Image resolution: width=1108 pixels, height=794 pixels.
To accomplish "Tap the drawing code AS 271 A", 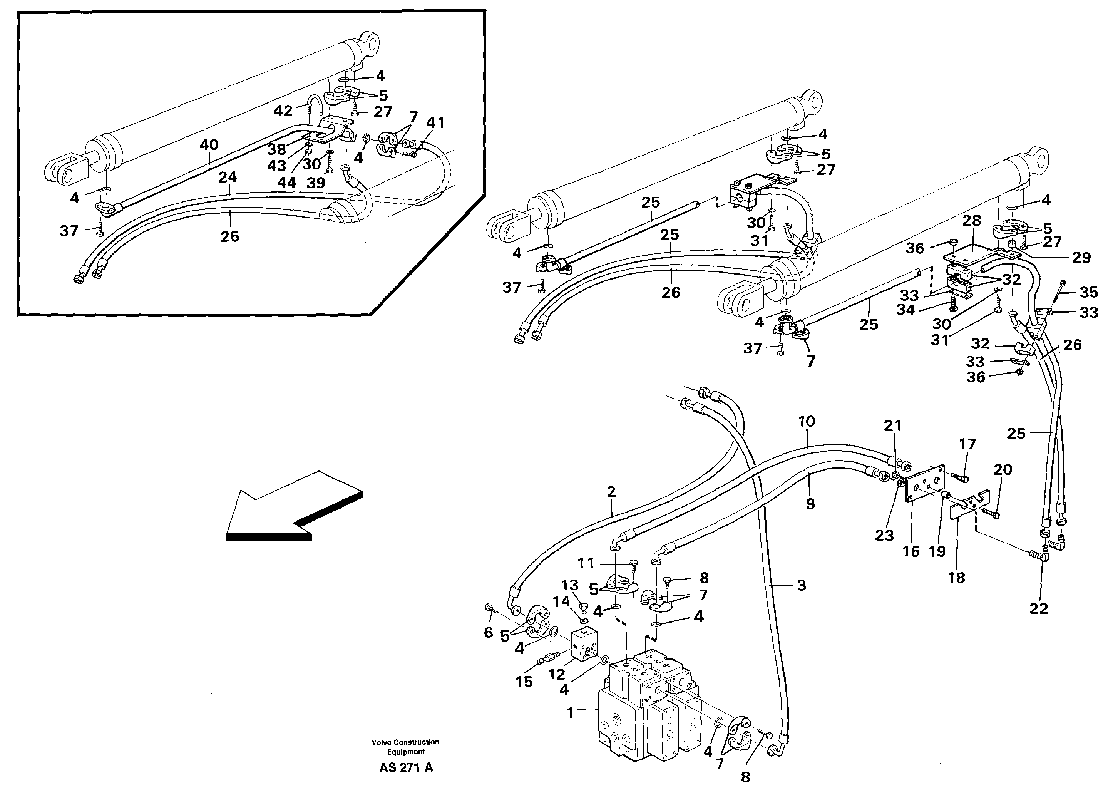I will click(x=406, y=767).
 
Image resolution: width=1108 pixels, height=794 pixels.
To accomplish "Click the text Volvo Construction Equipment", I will click(x=405, y=747).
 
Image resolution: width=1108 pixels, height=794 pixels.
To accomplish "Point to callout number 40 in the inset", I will click(x=209, y=145).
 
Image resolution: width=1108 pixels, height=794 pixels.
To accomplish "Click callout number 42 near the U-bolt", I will click(x=283, y=111).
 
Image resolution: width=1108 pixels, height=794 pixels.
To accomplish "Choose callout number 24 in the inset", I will click(x=228, y=177).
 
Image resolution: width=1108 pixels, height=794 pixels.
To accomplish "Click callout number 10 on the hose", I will click(x=807, y=421).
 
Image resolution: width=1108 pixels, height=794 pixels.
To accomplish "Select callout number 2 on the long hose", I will click(x=611, y=492).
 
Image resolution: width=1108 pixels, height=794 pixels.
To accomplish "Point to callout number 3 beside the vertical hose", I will click(x=801, y=585).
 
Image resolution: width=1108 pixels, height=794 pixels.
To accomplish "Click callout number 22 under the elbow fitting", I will click(x=1039, y=608).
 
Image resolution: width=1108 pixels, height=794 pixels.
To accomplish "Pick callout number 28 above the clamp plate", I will click(x=972, y=221).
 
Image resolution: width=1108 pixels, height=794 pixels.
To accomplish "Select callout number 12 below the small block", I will click(x=556, y=674).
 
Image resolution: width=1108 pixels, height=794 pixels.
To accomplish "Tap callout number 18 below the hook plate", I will click(x=957, y=578).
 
